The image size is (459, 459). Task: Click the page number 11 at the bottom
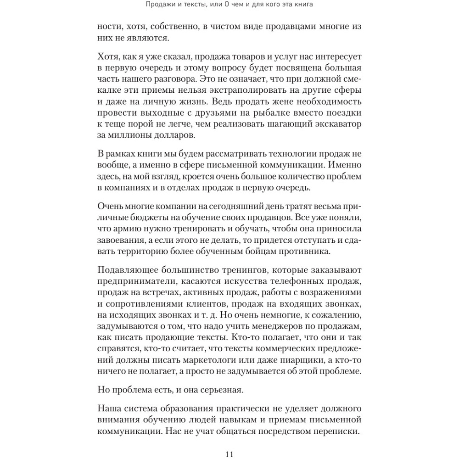tap(229, 454)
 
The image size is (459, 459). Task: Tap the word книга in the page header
tap(302, 5)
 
